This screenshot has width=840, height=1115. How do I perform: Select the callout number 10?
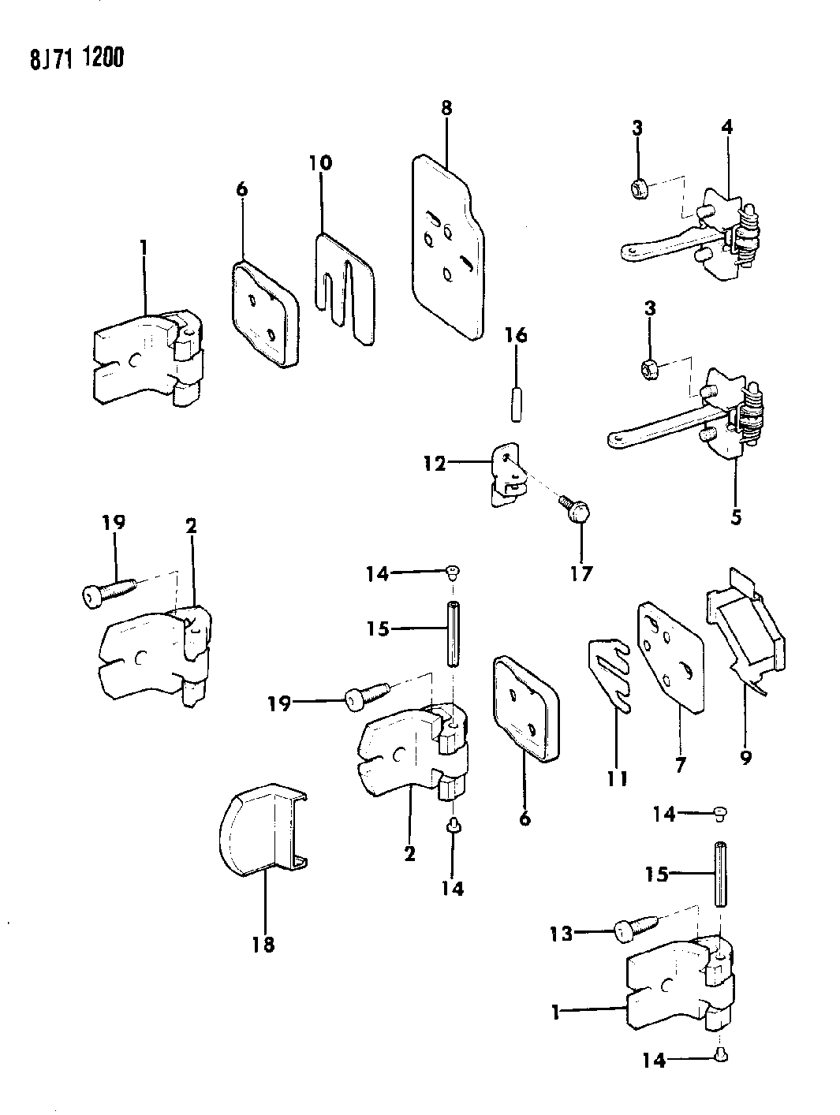pos(320,164)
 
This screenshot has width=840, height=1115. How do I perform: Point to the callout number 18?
pos(263,944)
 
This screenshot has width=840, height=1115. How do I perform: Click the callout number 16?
pos(516,337)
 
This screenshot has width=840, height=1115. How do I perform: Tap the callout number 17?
pos(581,574)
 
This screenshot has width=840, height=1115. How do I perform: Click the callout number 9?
pos(746,758)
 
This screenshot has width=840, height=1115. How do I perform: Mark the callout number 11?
pos(617,779)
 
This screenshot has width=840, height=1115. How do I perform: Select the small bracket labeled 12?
pos(506,473)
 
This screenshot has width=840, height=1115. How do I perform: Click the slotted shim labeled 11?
pos(610,674)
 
